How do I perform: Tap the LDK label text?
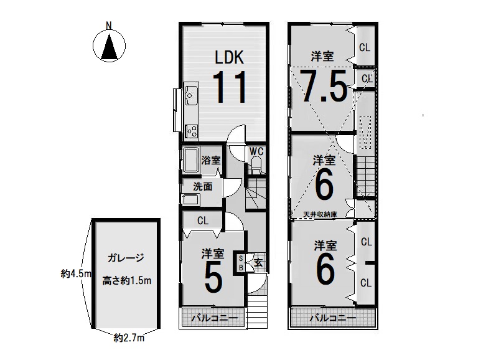coord(230,58)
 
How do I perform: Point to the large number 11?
coord(230,87)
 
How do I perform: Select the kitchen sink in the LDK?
coord(190,95)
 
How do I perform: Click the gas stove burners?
coord(192,131)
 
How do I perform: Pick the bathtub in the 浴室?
coord(191,160)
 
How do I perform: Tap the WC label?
coord(256,151)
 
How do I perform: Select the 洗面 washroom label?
coord(203,187)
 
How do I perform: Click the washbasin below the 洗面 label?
coord(190,200)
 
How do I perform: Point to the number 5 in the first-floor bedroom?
coord(213,278)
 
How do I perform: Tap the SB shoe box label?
coord(240,263)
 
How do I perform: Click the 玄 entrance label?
coord(258,262)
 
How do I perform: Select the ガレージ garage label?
coord(126,258)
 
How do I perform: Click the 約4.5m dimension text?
coord(76,273)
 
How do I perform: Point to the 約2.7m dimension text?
coord(129,338)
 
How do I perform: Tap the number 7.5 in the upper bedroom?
coord(324,86)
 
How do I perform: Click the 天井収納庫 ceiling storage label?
coord(320,214)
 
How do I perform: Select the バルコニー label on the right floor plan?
coord(333,318)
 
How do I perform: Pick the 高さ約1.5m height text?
coord(126,280)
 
